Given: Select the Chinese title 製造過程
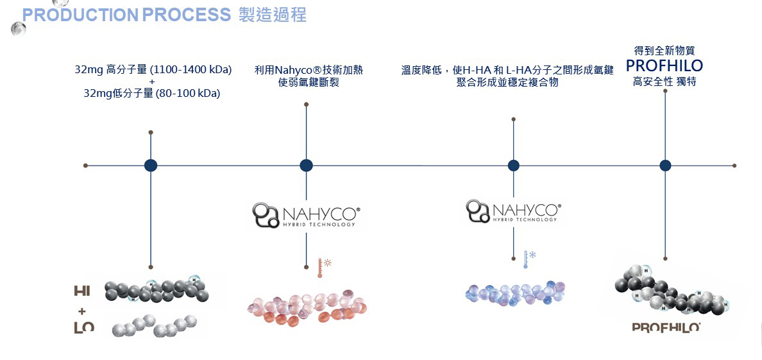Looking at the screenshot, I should tap(273, 15).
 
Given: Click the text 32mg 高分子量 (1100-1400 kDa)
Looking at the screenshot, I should tap(153, 69).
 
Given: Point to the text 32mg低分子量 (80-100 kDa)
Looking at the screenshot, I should tap(152, 94).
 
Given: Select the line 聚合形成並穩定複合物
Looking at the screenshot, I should tap(507, 82).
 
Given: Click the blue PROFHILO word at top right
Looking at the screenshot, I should tap(665, 65).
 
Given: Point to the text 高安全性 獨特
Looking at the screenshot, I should tap(665, 81).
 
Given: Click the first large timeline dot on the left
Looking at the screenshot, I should tap(151, 166).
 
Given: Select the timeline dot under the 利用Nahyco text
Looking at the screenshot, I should tap(306, 166).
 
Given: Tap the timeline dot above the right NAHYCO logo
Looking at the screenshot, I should tap(513, 166).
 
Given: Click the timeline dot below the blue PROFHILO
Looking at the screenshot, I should tap(665, 166).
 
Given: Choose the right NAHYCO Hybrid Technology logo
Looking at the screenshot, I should tap(513, 210).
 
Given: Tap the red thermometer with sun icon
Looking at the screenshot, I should tap(323, 267).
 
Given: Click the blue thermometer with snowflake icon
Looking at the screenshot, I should tap(529, 258).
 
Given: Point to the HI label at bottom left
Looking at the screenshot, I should tap(81, 291).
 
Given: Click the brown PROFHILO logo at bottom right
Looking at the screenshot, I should tap(665, 327).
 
